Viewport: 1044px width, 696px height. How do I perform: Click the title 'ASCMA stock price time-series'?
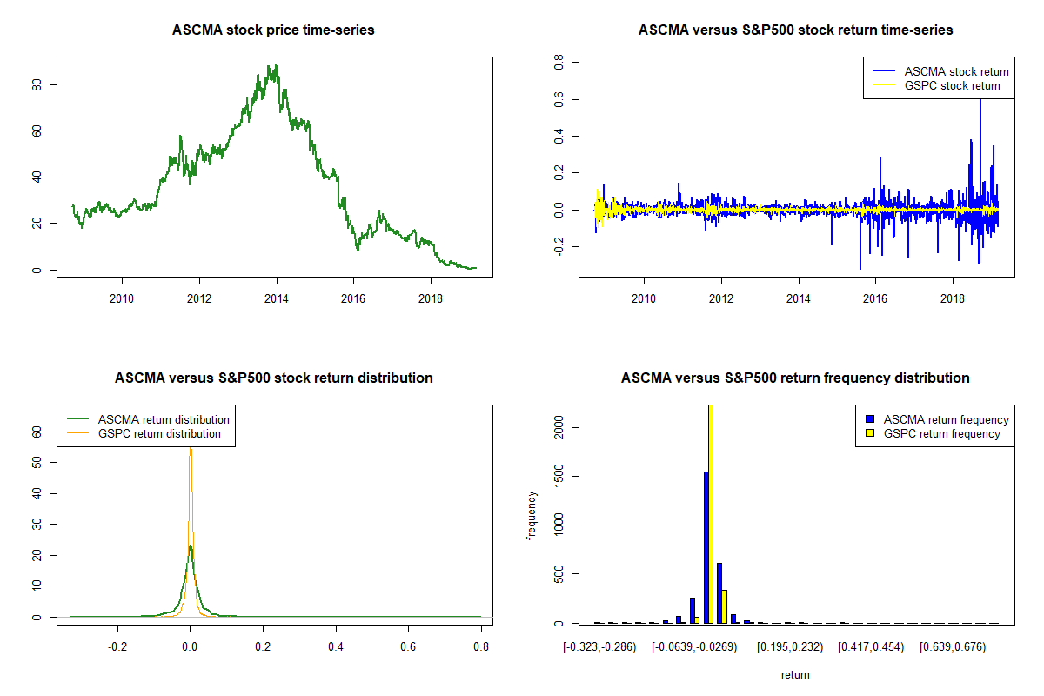pos(273,30)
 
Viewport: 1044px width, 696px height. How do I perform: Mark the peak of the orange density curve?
pos(190,449)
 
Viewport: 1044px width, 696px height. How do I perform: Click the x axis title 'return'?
pos(795,674)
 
